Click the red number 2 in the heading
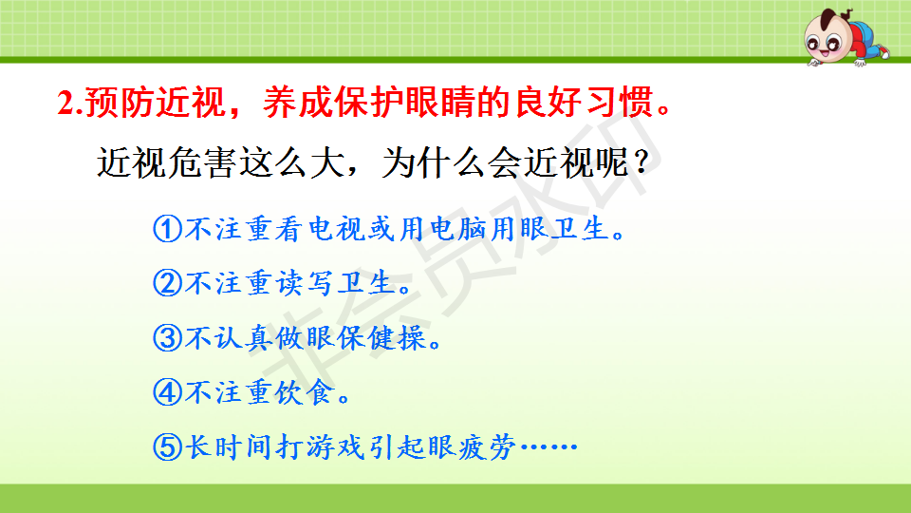[x=66, y=103]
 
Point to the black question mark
[x=641, y=162]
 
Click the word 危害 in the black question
[x=201, y=162]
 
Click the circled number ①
[x=167, y=229]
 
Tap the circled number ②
[x=167, y=283]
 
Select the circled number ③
[x=167, y=338]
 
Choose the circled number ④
[x=167, y=392]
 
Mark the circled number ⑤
[x=167, y=446]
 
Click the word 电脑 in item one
[x=457, y=229]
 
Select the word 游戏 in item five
[x=335, y=446]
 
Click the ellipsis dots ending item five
[x=548, y=446]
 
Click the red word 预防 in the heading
[x=120, y=103]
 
